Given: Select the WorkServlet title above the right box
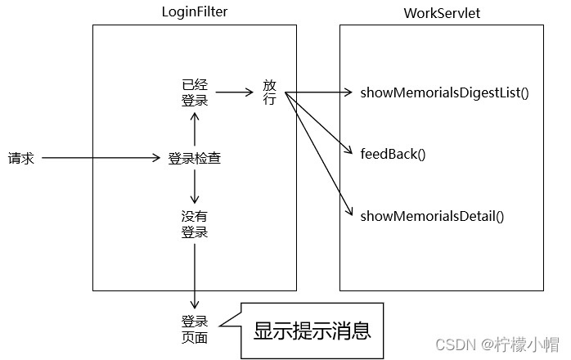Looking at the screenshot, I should pyautogui.click(x=441, y=14).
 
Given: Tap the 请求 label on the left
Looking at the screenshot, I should pyautogui.click(x=21, y=158).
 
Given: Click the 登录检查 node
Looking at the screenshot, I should pyautogui.click(x=194, y=159).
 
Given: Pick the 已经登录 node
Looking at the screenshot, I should pyautogui.click(x=194, y=92).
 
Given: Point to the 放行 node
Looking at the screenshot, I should pyautogui.click(x=270, y=92).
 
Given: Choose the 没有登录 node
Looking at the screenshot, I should pyautogui.click(x=194, y=224).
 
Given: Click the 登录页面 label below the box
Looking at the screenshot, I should pyautogui.click(x=194, y=329).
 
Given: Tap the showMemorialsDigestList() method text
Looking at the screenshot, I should pyautogui.click(x=444, y=92).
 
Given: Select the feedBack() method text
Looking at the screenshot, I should pyautogui.click(x=393, y=154).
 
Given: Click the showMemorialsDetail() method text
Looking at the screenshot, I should pyautogui.click(x=432, y=216).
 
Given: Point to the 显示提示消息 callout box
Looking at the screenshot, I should pyautogui.click(x=312, y=330).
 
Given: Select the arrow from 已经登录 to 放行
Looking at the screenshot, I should pyautogui.click(x=235, y=92).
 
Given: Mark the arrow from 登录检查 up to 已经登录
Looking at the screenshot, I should pyautogui.click(x=195, y=129).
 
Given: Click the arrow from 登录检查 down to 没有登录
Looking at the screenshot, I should pyautogui.click(x=195, y=187).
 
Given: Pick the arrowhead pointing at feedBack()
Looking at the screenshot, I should pyautogui.click(x=350, y=151).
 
